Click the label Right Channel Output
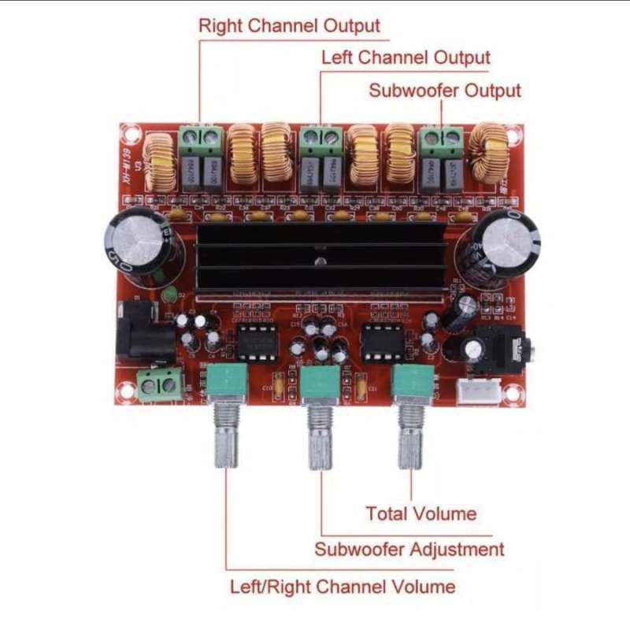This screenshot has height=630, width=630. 289,26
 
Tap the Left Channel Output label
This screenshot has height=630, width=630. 406,58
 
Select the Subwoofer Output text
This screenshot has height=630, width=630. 445,91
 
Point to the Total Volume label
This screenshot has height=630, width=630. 421,514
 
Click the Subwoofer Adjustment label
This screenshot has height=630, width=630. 409,549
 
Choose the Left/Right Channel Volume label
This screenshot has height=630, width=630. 343,587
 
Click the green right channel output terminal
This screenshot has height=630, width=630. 199,142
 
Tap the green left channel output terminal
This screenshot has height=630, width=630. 321,139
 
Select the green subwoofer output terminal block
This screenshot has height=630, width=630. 440,140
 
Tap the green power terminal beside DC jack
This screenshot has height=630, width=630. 160,385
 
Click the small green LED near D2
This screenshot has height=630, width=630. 168,295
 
